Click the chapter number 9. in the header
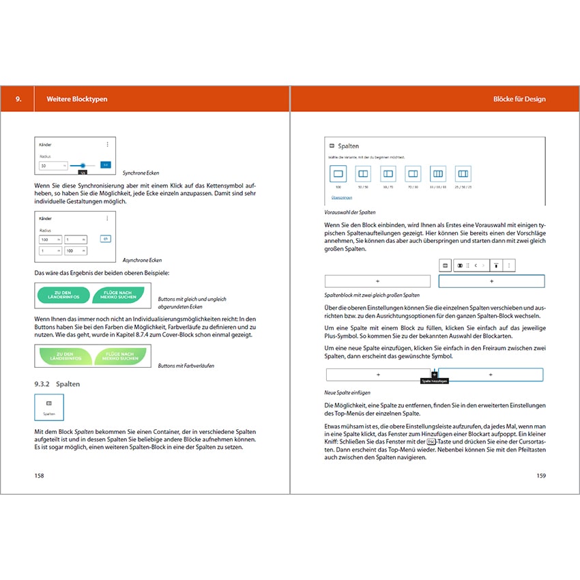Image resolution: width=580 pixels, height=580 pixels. pos(18,99)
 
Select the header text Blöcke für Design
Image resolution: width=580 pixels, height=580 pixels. pos(519,99)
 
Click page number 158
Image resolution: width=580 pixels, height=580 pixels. pos(40,476)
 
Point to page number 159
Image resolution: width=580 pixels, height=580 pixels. pos(540,476)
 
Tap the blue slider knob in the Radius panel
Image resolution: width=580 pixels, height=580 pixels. pos(83,165)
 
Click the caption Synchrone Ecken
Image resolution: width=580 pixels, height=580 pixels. pos(140,173)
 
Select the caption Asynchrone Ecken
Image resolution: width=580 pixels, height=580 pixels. pos(141,260)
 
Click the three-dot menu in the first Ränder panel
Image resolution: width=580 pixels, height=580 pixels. pos(107,144)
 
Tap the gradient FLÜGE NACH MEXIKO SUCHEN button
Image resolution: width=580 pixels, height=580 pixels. pos(119,356)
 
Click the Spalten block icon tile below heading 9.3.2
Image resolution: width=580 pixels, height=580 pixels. pos(49,407)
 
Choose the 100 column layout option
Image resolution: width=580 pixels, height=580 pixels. pos(338,174)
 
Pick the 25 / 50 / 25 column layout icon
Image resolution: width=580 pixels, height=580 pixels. pos(463,174)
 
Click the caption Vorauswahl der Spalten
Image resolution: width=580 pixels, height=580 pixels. pos(350,213)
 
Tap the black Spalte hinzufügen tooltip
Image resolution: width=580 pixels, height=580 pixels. pos(434,381)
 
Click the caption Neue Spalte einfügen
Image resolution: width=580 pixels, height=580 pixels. pos(348,393)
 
